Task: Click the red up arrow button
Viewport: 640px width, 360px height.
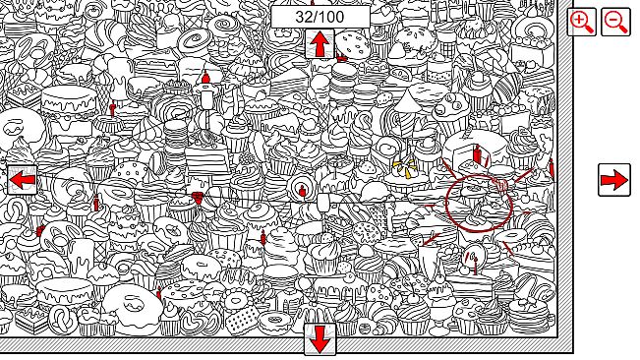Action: [x=320, y=44]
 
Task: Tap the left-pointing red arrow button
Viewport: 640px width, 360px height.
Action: [x=23, y=180]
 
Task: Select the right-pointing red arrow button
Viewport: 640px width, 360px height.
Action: [x=614, y=180]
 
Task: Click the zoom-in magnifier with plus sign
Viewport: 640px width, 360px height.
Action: [x=582, y=22]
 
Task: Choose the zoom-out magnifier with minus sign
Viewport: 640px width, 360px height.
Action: [x=615, y=22]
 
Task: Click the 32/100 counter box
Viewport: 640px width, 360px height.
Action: [x=320, y=17]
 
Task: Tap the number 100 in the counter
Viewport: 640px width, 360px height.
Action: [x=333, y=17]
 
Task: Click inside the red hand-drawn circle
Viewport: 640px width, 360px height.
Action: [x=478, y=204]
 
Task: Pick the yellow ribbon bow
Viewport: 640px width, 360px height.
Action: [x=404, y=171]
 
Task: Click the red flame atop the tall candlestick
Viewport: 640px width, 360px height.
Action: [x=205, y=77]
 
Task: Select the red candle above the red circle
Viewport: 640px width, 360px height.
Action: [x=477, y=153]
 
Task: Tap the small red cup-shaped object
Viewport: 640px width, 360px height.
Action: [x=197, y=200]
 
